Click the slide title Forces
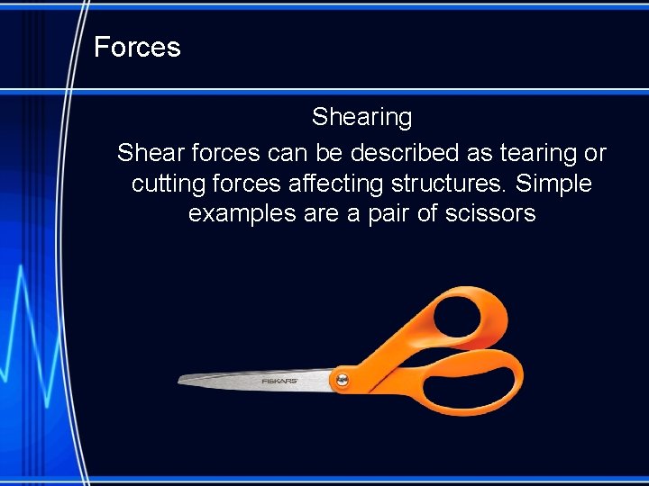pos(137,47)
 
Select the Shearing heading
pos(361,117)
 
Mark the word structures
pos(456,184)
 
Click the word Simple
pos(557,184)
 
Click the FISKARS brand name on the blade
pos(279,382)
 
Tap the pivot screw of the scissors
pos(342,381)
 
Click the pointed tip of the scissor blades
pos(181,379)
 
